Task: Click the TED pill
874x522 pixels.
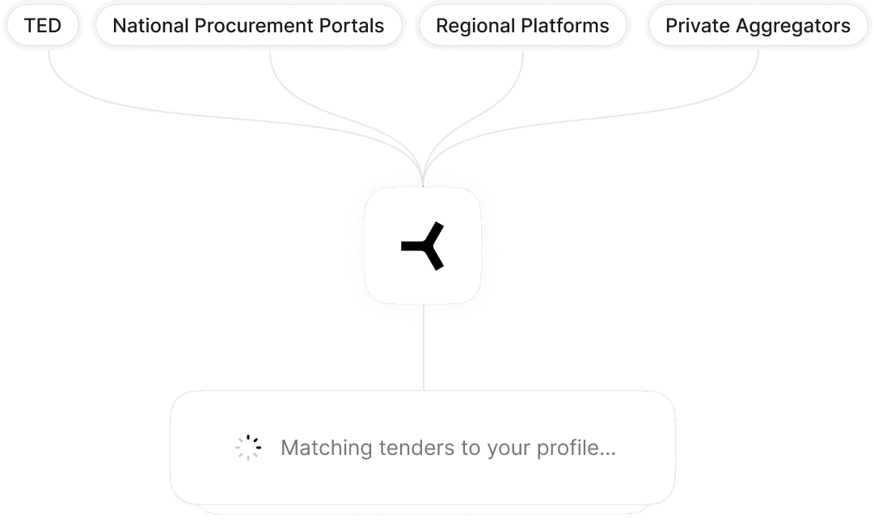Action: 43,26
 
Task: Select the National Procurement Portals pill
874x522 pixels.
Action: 248,26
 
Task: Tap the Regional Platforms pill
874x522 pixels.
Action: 522,26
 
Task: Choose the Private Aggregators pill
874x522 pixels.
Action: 758,26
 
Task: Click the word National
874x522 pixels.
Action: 149,26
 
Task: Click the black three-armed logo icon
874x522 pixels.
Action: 423,246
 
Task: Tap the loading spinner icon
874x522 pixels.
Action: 248,448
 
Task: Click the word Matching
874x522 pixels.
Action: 327,448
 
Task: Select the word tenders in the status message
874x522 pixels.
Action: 417,448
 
